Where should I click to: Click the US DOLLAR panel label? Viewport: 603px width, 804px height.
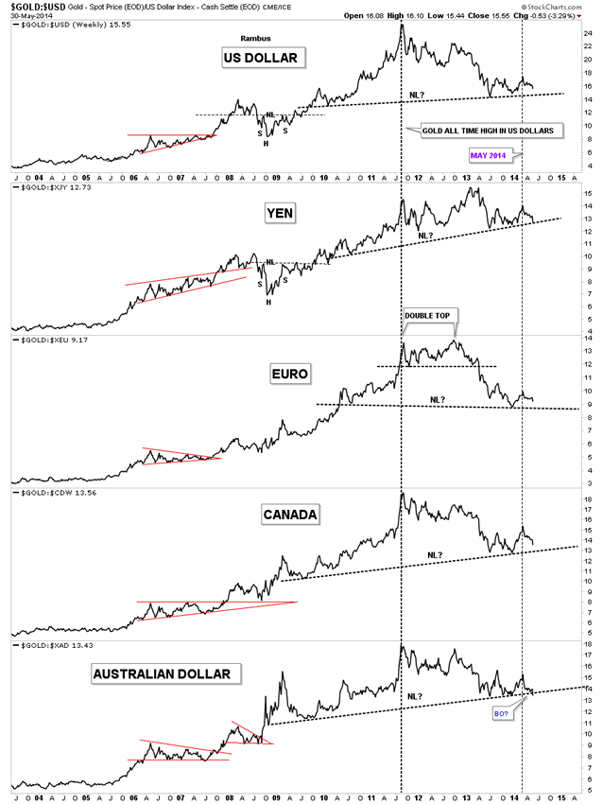pyautogui.click(x=259, y=59)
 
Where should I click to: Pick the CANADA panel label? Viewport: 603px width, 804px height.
pyautogui.click(x=291, y=514)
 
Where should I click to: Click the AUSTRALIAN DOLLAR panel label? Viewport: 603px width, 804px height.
pyautogui.click(x=166, y=673)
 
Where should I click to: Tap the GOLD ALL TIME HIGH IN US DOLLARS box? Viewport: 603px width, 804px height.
pyautogui.click(x=486, y=129)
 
